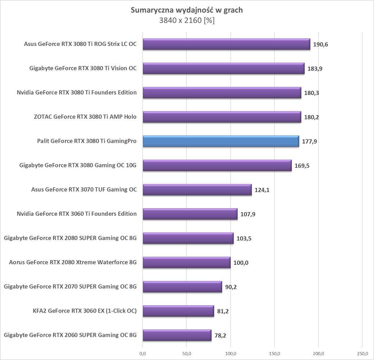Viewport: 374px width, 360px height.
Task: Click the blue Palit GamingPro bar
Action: pyautogui.click(x=221, y=141)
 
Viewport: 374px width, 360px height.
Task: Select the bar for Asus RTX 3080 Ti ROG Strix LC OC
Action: pyautogui.click(x=226, y=44)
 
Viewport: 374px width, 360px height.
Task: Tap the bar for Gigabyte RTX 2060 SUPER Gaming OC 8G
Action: pyautogui.click(x=177, y=335)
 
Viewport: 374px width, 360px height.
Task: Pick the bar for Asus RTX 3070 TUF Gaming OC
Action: pyautogui.click(x=197, y=190)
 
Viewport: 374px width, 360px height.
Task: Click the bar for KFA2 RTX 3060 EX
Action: pyautogui.click(x=178, y=311)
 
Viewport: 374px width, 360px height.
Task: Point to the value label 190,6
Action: pyautogui.click(x=321, y=45)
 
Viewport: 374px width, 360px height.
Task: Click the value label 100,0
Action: pyautogui.click(x=241, y=263)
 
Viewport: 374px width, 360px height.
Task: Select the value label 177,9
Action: pyautogui.click(x=310, y=141)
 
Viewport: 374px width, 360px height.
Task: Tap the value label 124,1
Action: pyautogui.click(x=262, y=190)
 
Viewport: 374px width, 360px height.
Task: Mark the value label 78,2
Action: pyautogui.click(x=221, y=336)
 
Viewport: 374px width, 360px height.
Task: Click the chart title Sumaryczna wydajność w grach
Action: pyautogui.click(x=186, y=10)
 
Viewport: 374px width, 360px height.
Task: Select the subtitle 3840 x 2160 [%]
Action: pyautogui.click(x=186, y=21)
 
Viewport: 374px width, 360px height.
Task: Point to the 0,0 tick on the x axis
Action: pyautogui.click(x=143, y=352)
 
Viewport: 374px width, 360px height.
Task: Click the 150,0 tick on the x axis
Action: pyautogui.click(x=275, y=352)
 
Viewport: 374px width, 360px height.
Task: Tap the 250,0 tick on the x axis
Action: pyautogui.click(x=362, y=352)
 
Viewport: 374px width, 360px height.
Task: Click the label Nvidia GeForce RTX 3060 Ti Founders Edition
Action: pyautogui.click(x=77, y=214)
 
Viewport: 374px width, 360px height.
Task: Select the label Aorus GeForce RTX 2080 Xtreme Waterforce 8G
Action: pyautogui.click(x=73, y=262)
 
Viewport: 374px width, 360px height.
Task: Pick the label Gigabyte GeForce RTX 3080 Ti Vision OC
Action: pyautogui.click(x=83, y=68)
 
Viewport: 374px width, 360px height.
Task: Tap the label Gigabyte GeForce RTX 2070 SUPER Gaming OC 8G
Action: pyautogui.click(x=70, y=287)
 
